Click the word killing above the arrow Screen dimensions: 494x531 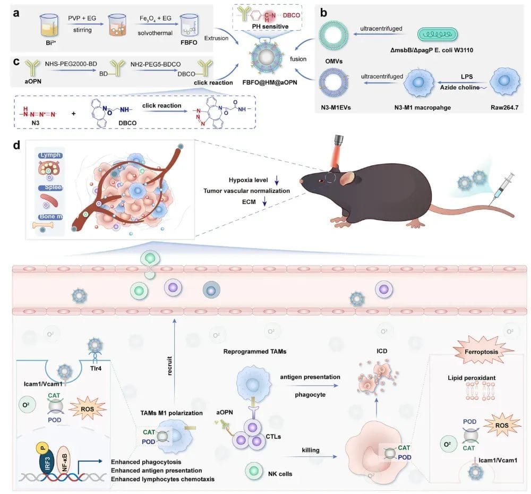[311, 450]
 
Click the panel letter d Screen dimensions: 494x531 [19, 144]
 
